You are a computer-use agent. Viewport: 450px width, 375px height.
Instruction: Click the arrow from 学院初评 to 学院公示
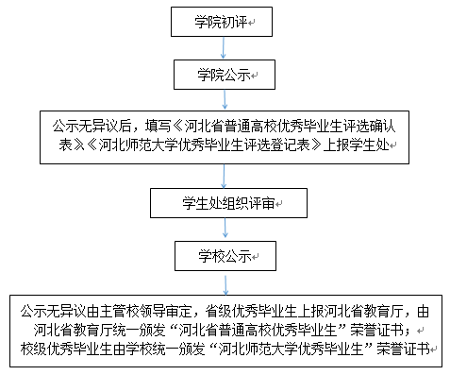(x=224, y=48)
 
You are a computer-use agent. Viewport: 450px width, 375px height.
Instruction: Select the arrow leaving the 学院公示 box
(x=225, y=100)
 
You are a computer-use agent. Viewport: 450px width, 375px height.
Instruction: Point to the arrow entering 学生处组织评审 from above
(x=224, y=176)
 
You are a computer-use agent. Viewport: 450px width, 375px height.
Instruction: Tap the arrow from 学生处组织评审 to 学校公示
(x=225, y=228)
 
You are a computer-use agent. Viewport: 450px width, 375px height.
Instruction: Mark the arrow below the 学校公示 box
(x=225, y=285)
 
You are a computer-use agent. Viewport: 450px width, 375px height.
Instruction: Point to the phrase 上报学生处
(x=357, y=145)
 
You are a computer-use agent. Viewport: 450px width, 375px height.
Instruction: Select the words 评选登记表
(x=277, y=145)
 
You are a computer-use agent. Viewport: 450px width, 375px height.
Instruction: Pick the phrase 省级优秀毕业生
(x=251, y=312)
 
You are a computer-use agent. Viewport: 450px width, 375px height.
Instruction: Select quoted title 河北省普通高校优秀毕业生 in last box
(x=258, y=330)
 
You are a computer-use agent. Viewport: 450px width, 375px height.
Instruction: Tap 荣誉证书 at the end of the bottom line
(x=404, y=349)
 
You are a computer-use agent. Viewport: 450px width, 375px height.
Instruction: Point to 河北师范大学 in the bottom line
(x=258, y=349)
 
